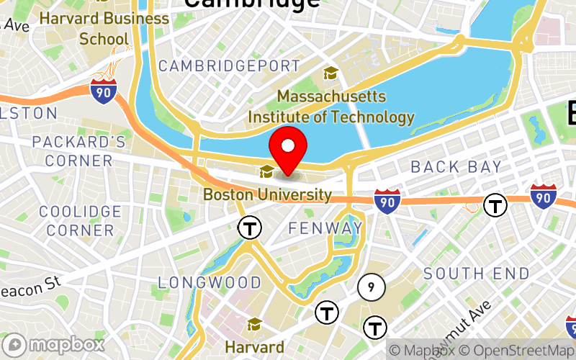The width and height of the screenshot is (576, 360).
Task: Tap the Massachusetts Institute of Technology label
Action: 331,107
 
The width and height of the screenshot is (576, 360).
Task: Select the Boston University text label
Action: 267,194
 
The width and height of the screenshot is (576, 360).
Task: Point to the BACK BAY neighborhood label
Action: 456,167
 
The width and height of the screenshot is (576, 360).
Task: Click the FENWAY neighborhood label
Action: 325,228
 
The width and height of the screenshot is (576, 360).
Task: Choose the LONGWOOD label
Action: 210,282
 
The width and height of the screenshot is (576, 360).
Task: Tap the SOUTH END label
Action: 476,274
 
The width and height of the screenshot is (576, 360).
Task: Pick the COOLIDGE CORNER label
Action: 80,221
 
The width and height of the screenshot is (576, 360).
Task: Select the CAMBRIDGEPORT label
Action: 229,66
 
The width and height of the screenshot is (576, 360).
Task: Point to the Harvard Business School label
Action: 104,27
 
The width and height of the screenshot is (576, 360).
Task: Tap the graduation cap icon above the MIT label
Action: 331,73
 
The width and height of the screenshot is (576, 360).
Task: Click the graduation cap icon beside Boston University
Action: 266,171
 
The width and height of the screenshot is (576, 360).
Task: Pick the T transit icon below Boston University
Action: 250,228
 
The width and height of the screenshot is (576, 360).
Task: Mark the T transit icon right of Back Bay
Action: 495,205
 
